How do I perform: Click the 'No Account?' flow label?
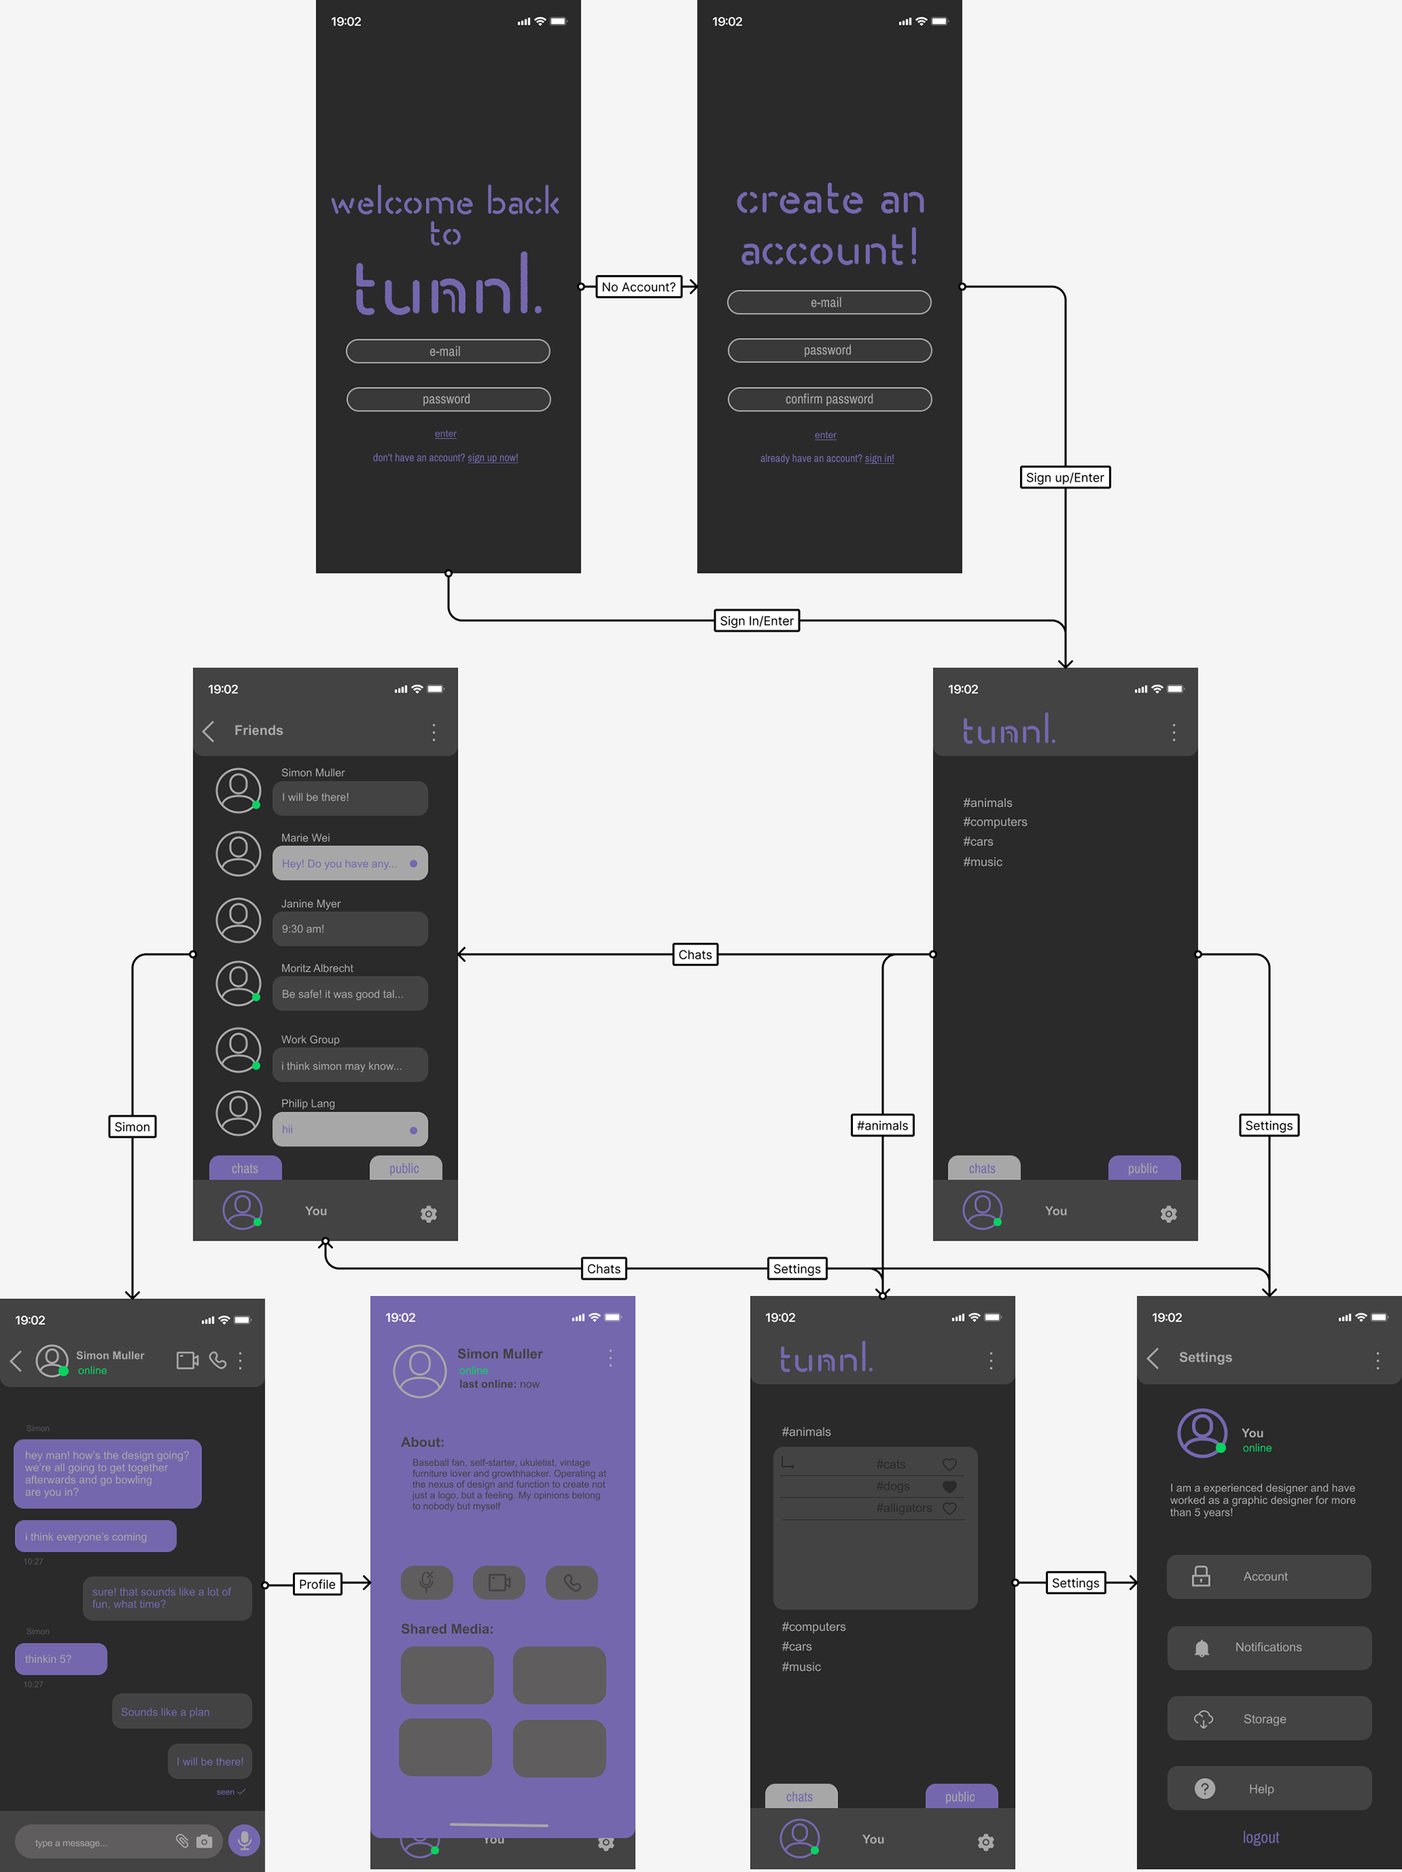click(638, 287)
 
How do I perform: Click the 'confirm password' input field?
click(829, 399)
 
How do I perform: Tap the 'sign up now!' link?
click(493, 458)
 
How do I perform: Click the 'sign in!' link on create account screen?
click(878, 458)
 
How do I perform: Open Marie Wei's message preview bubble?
click(350, 863)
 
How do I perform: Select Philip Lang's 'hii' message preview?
click(350, 1129)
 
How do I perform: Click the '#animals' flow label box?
click(882, 1125)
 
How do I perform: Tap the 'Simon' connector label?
click(132, 1126)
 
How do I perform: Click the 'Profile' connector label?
click(317, 1584)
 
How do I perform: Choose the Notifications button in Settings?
click(1268, 1647)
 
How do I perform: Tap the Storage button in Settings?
click(1268, 1719)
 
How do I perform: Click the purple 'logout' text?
click(1260, 1837)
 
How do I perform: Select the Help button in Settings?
click(1268, 1788)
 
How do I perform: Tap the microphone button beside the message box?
click(244, 1841)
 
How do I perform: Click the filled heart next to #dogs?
click(949, 1486)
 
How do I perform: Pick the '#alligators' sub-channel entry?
click(903, 1508)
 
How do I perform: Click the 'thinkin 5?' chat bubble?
click(61, 1659)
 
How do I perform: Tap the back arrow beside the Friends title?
click(209, 731)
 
